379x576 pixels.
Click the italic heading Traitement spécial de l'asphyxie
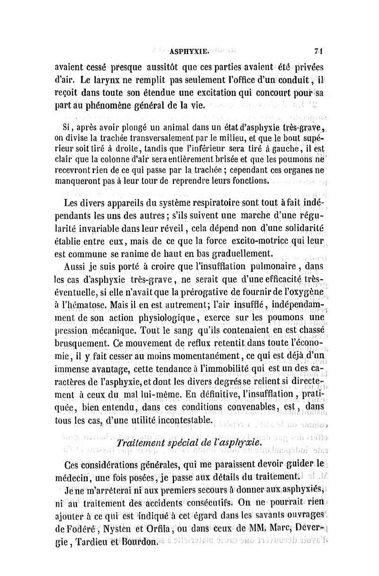pyautogui.click(x=189, y=442)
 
